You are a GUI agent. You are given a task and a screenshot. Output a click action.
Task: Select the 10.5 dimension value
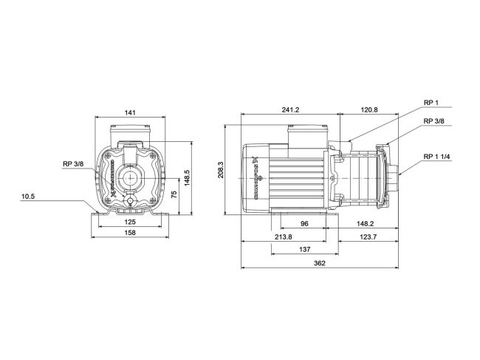[49, 196]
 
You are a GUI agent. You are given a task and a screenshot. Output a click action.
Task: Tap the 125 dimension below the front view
[129, 222]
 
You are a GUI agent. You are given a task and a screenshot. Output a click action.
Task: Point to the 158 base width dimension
[129, 233]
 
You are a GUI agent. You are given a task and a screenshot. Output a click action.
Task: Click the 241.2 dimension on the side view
[290, 110]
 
